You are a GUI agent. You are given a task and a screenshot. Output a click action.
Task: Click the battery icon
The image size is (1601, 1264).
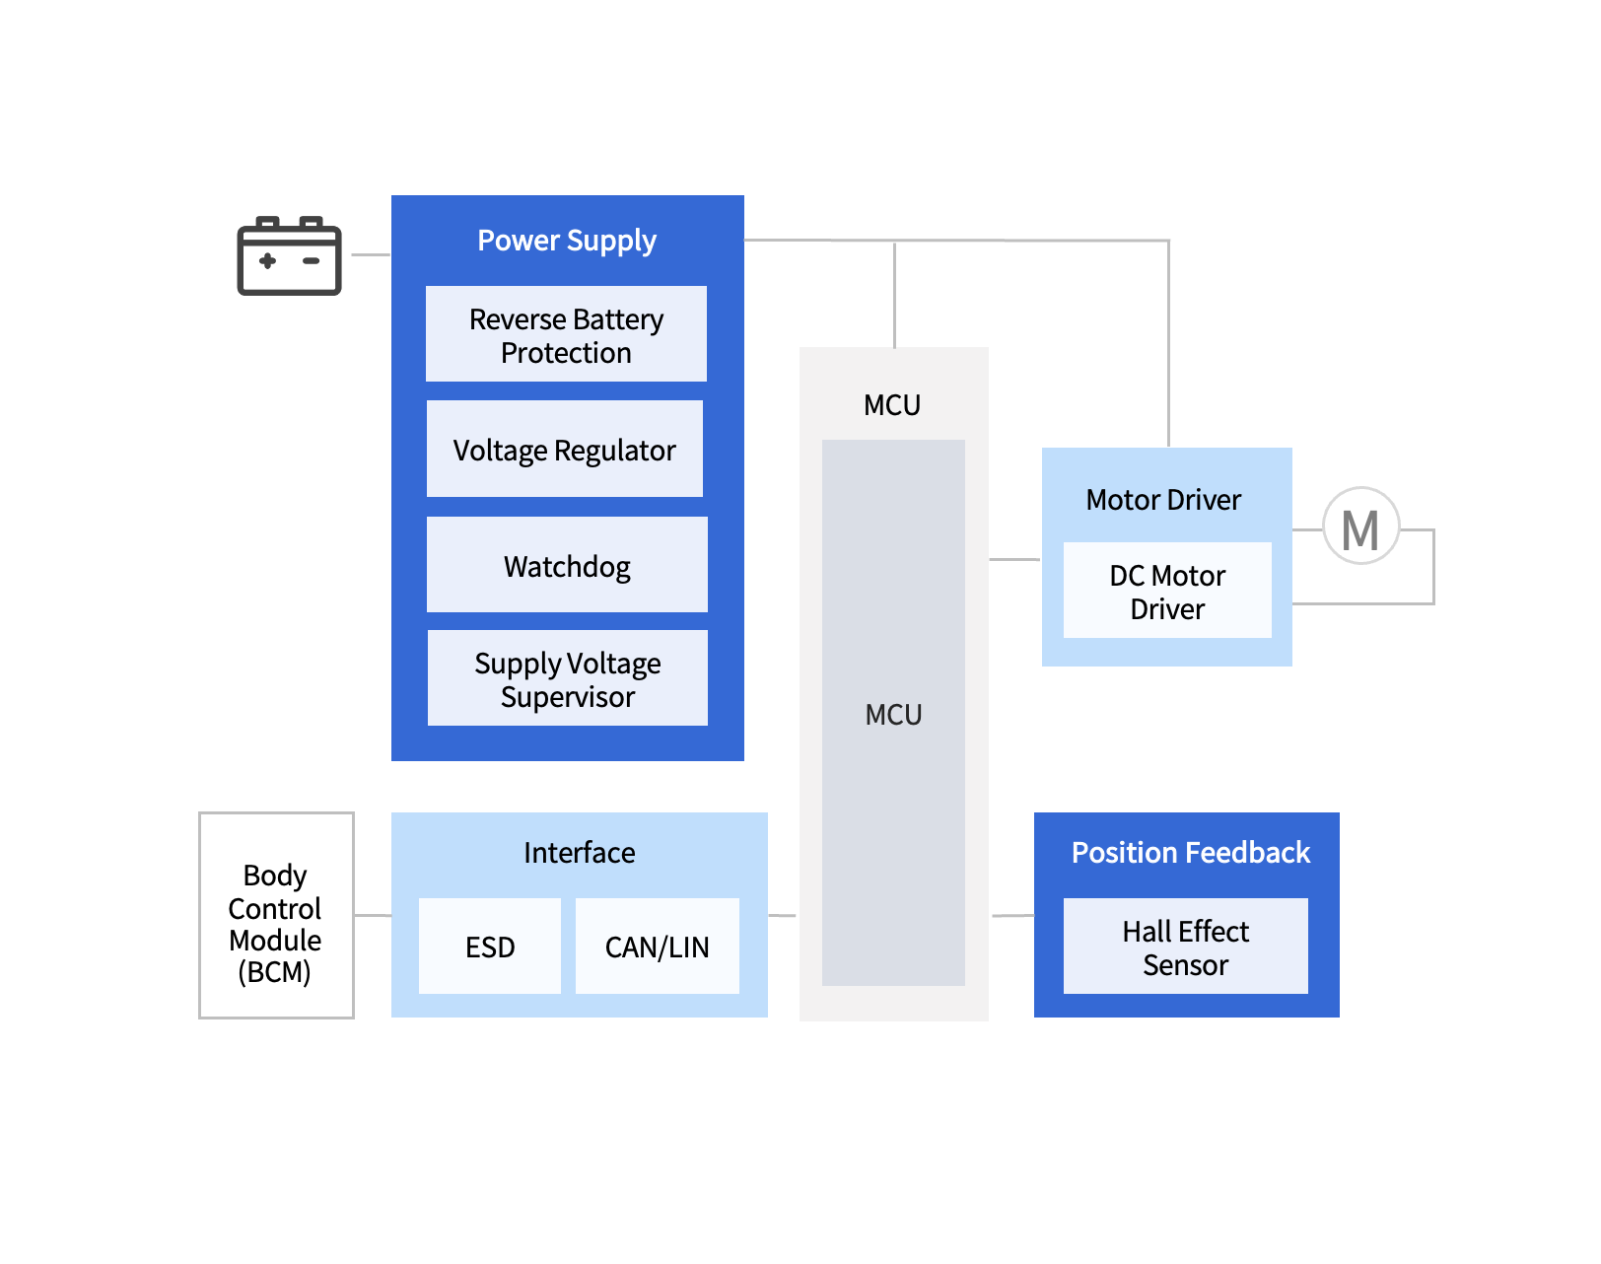point(289,256)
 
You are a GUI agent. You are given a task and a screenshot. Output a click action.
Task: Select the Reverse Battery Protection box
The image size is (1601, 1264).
point(566,334)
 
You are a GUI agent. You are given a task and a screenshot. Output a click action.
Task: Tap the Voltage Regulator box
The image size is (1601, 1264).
point(565,450)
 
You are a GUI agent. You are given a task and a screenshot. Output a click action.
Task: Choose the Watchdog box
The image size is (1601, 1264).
point(567,565)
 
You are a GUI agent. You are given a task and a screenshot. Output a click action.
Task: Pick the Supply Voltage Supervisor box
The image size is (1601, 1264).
point(568,678)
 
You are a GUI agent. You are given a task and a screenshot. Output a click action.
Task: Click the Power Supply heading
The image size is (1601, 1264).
point(567,241)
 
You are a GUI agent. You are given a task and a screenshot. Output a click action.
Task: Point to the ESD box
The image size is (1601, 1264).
point(490,947)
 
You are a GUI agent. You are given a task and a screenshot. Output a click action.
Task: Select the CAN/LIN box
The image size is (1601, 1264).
point(658,947)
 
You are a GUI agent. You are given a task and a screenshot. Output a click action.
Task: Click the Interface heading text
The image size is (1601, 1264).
point(580,853)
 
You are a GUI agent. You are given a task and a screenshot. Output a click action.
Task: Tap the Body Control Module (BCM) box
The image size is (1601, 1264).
point(276,916)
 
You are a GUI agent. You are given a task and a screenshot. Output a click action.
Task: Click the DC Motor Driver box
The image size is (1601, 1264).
point(1167,591)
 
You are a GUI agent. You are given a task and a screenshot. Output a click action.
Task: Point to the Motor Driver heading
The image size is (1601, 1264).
point(1163,500)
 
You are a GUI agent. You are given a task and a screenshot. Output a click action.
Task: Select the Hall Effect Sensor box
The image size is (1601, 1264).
point(1185,947)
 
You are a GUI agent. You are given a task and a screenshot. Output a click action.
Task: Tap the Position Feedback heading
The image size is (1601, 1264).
point(1190,853)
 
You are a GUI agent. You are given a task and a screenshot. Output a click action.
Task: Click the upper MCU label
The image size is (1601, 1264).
point(892,405)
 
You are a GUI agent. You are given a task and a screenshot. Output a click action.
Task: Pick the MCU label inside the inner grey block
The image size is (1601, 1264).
point(893,715)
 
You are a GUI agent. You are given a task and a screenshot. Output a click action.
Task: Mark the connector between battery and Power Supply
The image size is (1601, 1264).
point(371,255)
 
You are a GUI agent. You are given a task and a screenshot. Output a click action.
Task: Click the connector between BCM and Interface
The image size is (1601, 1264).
point(373,916)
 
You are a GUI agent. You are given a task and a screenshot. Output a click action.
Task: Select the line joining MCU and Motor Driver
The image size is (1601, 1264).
point(1014,560)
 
